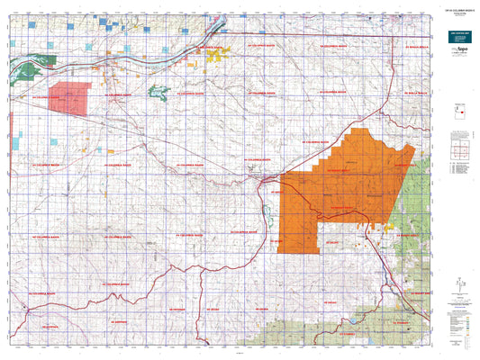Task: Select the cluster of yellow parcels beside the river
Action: click(x=216, y=57)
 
